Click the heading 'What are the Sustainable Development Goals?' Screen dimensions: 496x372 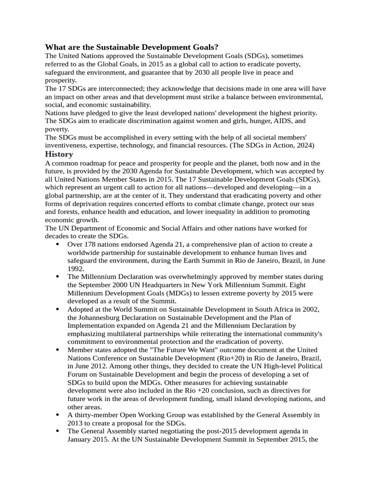click(x=132, y=47)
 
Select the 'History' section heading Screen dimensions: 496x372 click(x=59, y=154)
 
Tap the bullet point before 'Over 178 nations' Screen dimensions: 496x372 click(x=58, y=244)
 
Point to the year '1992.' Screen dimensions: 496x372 click(x=76, y=268)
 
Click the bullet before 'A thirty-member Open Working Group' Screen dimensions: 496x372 click(x=58, y=415)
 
